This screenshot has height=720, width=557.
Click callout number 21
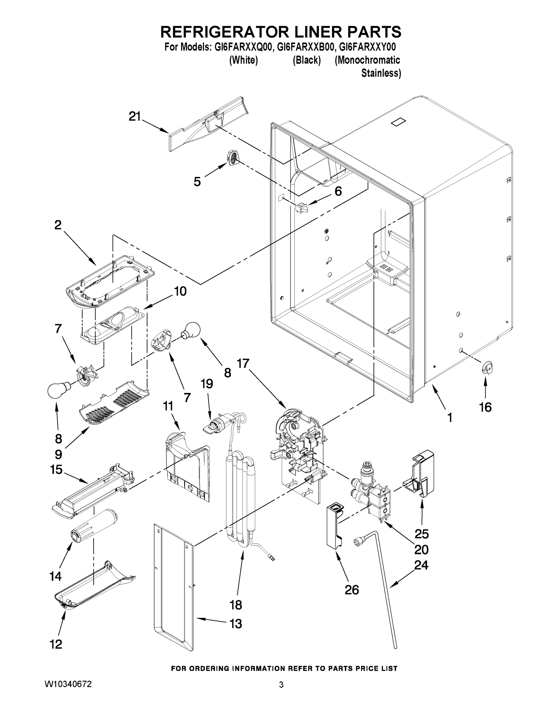(x=135, y=117)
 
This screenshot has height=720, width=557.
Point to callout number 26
(x=351, y=589)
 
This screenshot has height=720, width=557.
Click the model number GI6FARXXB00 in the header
(x=303, y=47)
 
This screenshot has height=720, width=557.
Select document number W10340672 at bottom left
(x=68, y=684)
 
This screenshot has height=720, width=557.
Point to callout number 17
(x=243, y=364)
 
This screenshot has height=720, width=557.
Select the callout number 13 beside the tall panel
(x=236, y=624)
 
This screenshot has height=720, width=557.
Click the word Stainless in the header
(x=381, y=73)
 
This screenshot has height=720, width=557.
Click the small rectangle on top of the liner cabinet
(x=398, y=122)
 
